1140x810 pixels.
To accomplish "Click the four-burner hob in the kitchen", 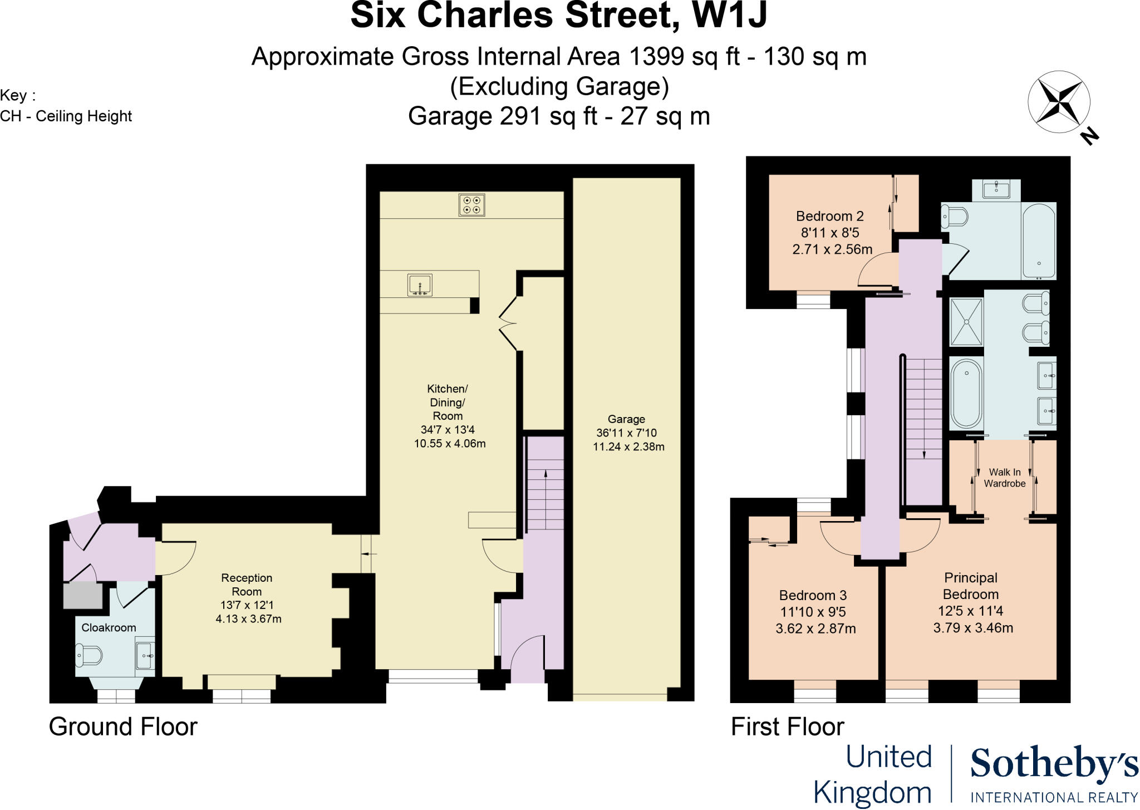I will click(472, 204).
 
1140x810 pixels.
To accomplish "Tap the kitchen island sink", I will click(419, 285).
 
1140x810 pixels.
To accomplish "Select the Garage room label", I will click(626, 419).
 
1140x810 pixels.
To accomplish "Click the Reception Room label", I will click(247, 585).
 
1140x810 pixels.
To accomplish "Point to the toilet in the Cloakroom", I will click(89, 655).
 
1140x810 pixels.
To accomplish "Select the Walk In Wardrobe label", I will click(1005, 478).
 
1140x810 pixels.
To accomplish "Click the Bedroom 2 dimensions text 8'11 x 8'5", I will click(831, 233).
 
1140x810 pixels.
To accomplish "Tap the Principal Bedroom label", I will click(970, 586).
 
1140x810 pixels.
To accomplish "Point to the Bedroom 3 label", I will click(813, 596).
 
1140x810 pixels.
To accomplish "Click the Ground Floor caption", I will click(123, 727).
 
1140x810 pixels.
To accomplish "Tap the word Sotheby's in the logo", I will click(1054, 764).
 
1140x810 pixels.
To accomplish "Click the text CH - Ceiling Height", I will click(66, 116).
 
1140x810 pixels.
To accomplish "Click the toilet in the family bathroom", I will click(955, 216).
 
